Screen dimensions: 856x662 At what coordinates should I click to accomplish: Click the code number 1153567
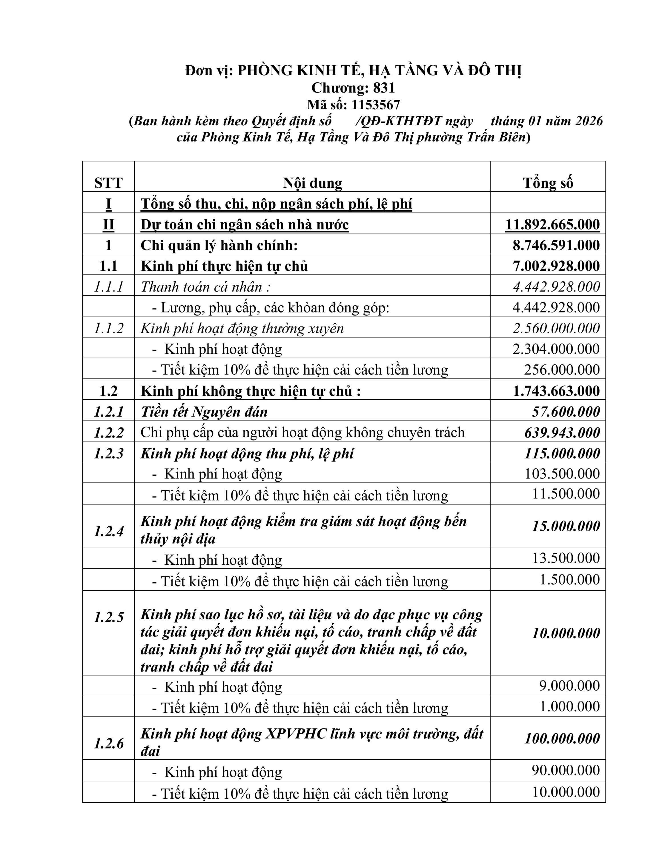(x=375, y=105)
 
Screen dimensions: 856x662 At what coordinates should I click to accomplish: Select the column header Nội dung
(x=312, y=183)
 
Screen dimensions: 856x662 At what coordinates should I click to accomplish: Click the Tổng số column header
(x=548, y=183)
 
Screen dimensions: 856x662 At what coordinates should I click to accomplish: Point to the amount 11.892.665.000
(x=552, y=225)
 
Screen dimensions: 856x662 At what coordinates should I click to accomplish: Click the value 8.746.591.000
(x=556, y=245)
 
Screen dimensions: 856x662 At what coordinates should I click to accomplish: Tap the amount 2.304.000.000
(x=556, y=349)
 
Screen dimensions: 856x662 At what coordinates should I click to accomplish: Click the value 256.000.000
(x=562, y=370)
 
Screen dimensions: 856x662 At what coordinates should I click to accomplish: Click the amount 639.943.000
(x=562, y=433)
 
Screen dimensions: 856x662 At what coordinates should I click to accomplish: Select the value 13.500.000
(x=566, y=558)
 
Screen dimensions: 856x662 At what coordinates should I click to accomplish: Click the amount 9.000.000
(x=570, y=685)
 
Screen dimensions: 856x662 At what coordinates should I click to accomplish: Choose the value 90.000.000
(x=566, y=770)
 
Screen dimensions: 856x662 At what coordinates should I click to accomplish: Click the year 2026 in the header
(x=589, y=121)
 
